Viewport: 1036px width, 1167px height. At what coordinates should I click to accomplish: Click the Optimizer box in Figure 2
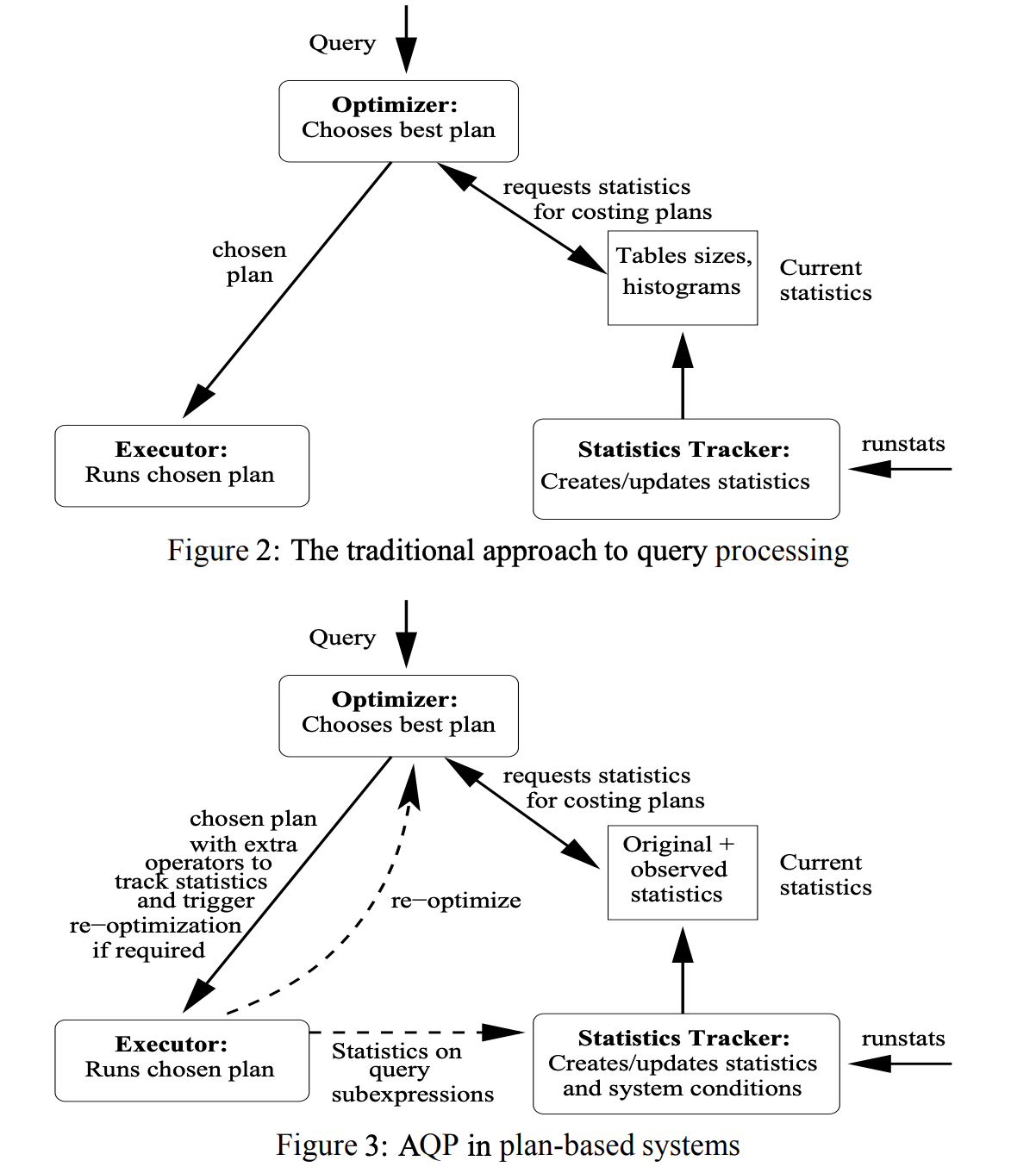click(x=398, y=121)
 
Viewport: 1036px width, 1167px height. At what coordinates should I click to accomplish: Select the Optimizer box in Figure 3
click(x=398, y=715)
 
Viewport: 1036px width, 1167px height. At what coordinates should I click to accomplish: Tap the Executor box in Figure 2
click(x=181, y=465)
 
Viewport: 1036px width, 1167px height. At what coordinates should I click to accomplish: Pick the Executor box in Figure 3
click(x=181, y=1060)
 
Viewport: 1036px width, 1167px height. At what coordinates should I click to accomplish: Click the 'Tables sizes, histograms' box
click(x=682, y=278)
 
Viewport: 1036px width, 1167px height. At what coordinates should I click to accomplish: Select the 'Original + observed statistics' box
click(x=682, y=871)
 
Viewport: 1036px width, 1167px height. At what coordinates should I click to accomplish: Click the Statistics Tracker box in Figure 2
click(x=685, y=469)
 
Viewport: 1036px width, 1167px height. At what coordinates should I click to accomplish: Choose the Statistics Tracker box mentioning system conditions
click(x=685, y=1064)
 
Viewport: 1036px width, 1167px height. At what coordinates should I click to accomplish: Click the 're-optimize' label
click(x=456, y=901)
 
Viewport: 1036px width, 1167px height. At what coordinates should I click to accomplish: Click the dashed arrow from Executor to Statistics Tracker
click(x=414, y=1032)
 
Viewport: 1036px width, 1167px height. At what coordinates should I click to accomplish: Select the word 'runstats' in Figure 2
click(x=902, y=444)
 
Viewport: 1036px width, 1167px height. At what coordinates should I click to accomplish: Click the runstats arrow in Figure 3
click(x=901, y=1064)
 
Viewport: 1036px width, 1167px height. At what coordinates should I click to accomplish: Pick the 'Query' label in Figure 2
click(x=342, y=43)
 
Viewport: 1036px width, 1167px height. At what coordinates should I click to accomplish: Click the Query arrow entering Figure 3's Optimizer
click(x=406, y=633)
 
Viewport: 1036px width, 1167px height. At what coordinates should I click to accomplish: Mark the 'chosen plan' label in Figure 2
click(x=249, y=262)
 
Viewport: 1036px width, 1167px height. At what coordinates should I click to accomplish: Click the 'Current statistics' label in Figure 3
click(x=825, y=875)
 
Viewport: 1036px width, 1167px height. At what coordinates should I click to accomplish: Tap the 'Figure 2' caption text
click(x=222, y=551)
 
